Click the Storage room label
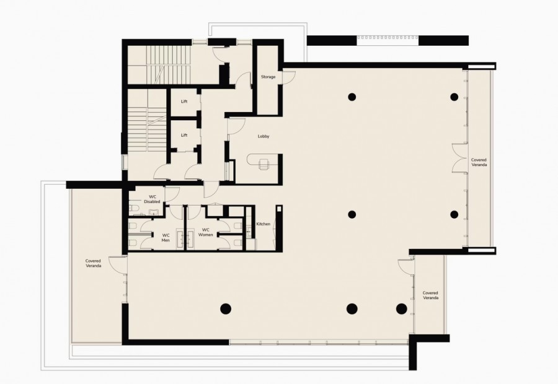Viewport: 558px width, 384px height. (268, 77)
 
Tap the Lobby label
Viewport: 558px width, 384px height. (263, 136)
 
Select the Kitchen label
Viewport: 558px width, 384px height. (263, 224)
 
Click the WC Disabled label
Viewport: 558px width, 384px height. (152, 199)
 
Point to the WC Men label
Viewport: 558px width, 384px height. (166, 237)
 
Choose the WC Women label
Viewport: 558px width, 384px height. (205, 232)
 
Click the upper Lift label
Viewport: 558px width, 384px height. (184, 102)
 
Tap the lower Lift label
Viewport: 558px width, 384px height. (184, 136)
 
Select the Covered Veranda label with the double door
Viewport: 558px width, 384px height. (479, 162)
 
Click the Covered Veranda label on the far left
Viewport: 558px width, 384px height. (93, 263)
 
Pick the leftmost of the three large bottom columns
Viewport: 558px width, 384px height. (226, 308)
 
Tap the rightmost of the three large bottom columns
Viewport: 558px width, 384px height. (401, 308)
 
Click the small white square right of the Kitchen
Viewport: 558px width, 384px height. (279, 209)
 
